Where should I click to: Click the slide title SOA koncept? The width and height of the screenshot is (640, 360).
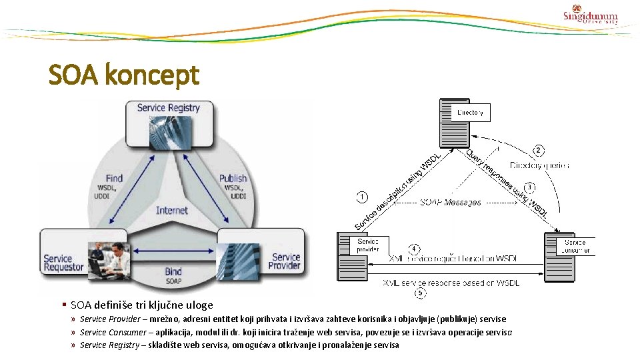coord(124,75)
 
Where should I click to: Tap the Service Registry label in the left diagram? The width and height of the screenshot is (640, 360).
coord(168,107)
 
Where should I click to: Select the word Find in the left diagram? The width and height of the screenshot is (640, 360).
coord(114,179)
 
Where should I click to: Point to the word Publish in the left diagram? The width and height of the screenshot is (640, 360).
coord(233,179)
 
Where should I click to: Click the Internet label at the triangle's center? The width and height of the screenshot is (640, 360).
coord(172,210)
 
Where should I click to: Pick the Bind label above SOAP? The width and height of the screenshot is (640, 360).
coord(173,272)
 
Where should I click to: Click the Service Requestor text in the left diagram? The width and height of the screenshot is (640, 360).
coord(63,263)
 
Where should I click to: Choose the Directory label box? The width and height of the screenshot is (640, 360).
coord(470,113)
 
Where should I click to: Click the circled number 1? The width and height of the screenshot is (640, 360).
coord(361,197)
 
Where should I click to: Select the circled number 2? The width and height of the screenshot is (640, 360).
coord(539,151)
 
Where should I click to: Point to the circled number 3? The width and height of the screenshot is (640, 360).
coord(530,187)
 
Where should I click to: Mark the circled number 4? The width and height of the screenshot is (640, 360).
coord(415,249)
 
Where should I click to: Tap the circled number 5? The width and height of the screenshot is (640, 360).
coord(420,293)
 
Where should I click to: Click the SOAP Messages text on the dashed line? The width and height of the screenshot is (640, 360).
coord(450,202)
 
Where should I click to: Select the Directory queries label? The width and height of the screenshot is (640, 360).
coord(539,165)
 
